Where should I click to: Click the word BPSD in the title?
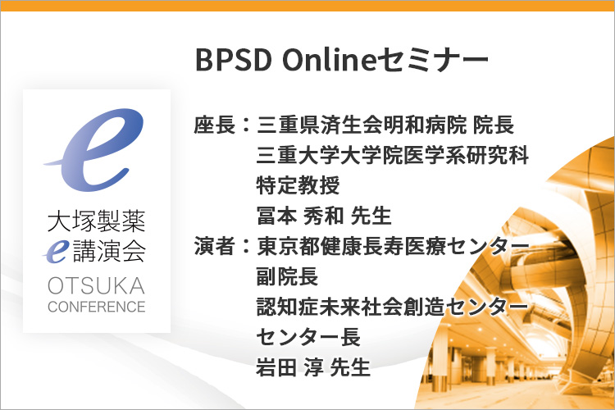pos(234,60)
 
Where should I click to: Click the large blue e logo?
pos(94,149)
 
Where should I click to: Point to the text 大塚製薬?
pos(97,221)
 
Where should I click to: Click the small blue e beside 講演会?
pos(56,252)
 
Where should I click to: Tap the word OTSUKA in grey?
pos(97,285)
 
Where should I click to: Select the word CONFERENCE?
pos(97,307)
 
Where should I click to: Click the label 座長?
pos(215,125)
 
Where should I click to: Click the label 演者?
pos(215,246)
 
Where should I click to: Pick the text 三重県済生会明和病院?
pos(362,125)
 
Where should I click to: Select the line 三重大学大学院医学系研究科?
pos(393,155)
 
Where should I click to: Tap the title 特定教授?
pos(298,185)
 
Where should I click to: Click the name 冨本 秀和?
pos(300,216)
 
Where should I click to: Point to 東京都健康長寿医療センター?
pos(393,246)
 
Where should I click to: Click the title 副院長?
pos(288,276)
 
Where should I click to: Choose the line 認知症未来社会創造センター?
pos(393,307)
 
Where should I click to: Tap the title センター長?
pos(308,337)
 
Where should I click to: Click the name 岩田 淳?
pos(289,367)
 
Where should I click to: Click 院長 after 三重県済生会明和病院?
pos(494,125)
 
